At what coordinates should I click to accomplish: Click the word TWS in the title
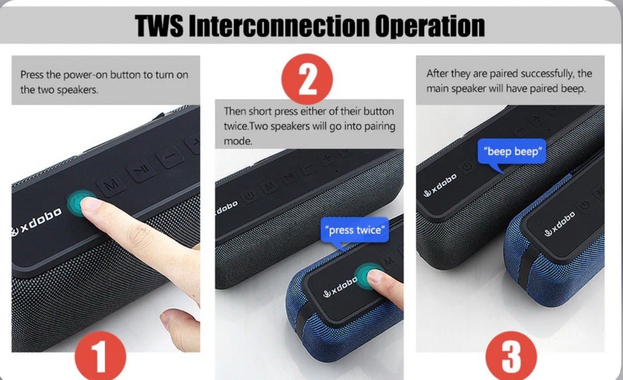159,26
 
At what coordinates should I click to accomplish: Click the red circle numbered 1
100,354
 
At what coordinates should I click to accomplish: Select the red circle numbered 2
307,79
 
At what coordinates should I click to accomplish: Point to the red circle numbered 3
511,354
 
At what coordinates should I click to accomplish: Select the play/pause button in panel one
141,170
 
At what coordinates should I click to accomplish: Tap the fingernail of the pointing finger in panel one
90,204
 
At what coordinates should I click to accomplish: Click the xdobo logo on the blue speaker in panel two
340,287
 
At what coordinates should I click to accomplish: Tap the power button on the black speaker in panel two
249,196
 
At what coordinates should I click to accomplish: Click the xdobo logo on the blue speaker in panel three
559,224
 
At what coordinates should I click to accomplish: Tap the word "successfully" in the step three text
547,74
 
